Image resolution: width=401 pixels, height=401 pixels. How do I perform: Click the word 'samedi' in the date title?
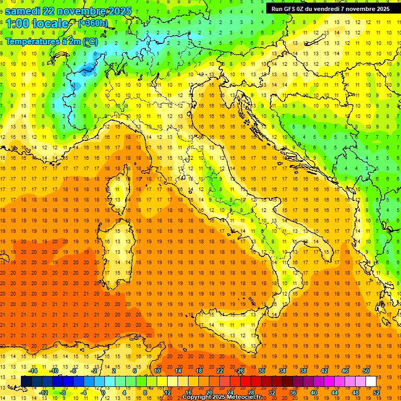(x=23, y=11)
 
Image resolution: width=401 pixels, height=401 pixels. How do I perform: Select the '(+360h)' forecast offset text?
(x=92, y=23)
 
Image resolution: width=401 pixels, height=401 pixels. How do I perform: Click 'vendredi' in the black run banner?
(x=332, y=8)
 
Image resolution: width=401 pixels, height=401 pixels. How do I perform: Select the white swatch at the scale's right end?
(x=371, y=381)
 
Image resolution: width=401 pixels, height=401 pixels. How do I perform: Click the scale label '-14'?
(x=33, y=371)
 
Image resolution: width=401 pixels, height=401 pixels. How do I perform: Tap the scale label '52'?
(x=377, y=392)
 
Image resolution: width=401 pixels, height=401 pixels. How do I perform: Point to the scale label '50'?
(x=366, y=371)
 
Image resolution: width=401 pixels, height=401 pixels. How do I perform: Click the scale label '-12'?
(x=43, y=392)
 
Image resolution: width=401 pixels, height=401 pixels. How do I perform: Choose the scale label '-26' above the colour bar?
(x=240, y=371)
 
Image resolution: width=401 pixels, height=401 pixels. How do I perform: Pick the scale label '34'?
(x=282, y=371)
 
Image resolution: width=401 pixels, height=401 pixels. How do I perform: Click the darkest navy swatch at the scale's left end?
(x=26, y=381)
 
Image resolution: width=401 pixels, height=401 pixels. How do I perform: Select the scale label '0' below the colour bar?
(x=103, y=392)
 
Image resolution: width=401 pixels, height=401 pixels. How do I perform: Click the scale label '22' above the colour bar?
(x=219, y=371)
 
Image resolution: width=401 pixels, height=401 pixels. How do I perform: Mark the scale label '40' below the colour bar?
(x=314, y=392)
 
